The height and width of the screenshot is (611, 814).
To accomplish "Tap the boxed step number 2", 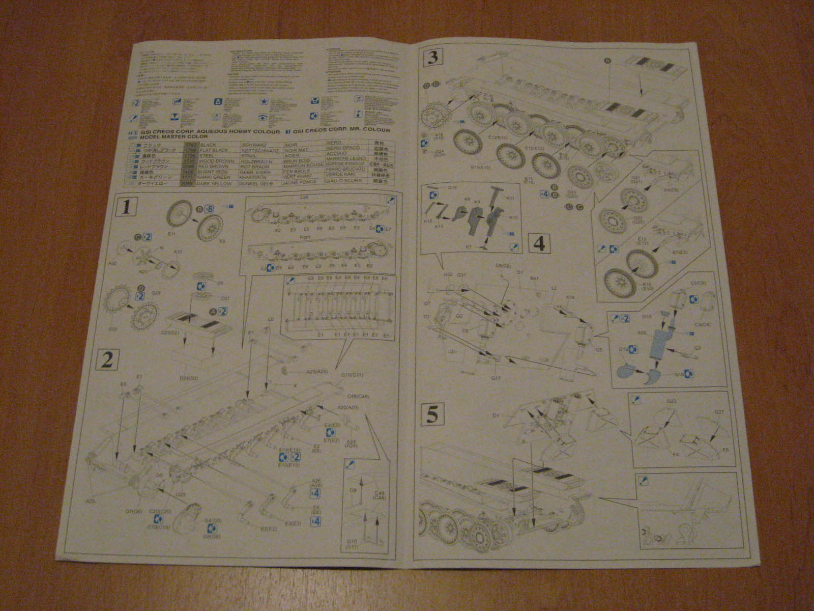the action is (x=107, y=359).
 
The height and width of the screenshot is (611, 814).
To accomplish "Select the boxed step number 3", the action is (x=433, y=58).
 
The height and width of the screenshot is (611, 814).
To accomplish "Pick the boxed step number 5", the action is (x=432, y=414).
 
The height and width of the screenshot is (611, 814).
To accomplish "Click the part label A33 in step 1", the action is (x=178, y=252).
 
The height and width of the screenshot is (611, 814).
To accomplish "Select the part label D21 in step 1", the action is (x=226, y=298).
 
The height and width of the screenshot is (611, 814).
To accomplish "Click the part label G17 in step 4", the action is (x=497, y=377).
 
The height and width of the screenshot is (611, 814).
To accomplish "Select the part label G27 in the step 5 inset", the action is (x=719, y=412).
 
